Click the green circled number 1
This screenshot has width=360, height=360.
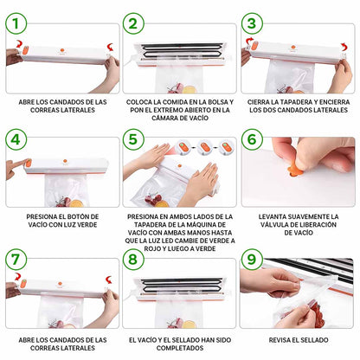[16, 23]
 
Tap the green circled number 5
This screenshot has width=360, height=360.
[133, 139]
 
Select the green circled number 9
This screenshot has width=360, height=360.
[252, 260]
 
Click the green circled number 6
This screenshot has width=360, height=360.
[252, 139]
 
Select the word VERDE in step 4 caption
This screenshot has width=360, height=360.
[87, 225]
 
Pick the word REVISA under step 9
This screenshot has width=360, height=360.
[280, 340]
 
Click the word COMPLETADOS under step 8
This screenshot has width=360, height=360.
[180, 348]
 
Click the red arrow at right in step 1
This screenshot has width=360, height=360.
[110, 47]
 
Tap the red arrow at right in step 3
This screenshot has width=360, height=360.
[344, 47]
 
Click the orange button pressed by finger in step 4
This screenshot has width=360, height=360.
[29, 164]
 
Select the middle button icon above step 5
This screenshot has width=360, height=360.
[205, 147]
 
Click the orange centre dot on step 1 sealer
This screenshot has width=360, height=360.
[62, 49]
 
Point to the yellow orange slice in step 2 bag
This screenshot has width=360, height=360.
[189, 89]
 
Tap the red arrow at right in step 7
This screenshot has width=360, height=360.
[109, 280]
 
